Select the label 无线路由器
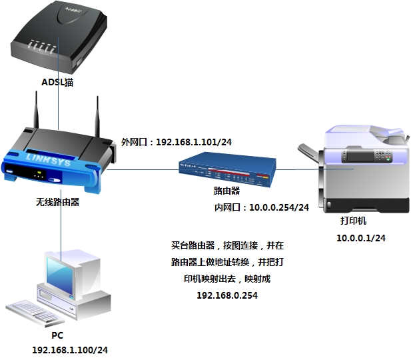pyautogui.click(x=58, y=201)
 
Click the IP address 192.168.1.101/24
pyautogui.click(x=194, y=142)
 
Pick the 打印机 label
pyautogui.click(x=352, y=221)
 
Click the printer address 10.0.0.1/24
pyautogui.click(x=361, y=238)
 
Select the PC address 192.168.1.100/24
pyautogui.click(x=70, y=349)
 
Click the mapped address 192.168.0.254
pyautogui.click(x=227, y=295)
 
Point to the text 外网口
pyautogui.click(x=135, y=142)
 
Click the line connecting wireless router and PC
pyautogui.click(x=61, y=227)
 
